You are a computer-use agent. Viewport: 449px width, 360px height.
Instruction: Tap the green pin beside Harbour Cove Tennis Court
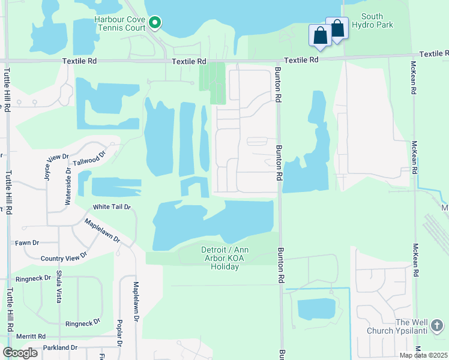pyautogui.click(x=155, y=23)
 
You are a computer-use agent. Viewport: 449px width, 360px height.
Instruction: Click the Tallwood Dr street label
pyautogui.click(x=89, y=158)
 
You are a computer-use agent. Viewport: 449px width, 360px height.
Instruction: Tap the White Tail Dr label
pyautogui.click(x=111, y=207)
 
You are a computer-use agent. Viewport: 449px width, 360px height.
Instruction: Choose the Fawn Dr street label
pyautogui.click(x=27, y=242)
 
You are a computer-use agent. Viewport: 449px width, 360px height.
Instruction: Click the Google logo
pyautogui.click(x=20, y=353)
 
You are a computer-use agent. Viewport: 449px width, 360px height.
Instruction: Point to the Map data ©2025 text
pyautogui.click(x=424, y=355)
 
